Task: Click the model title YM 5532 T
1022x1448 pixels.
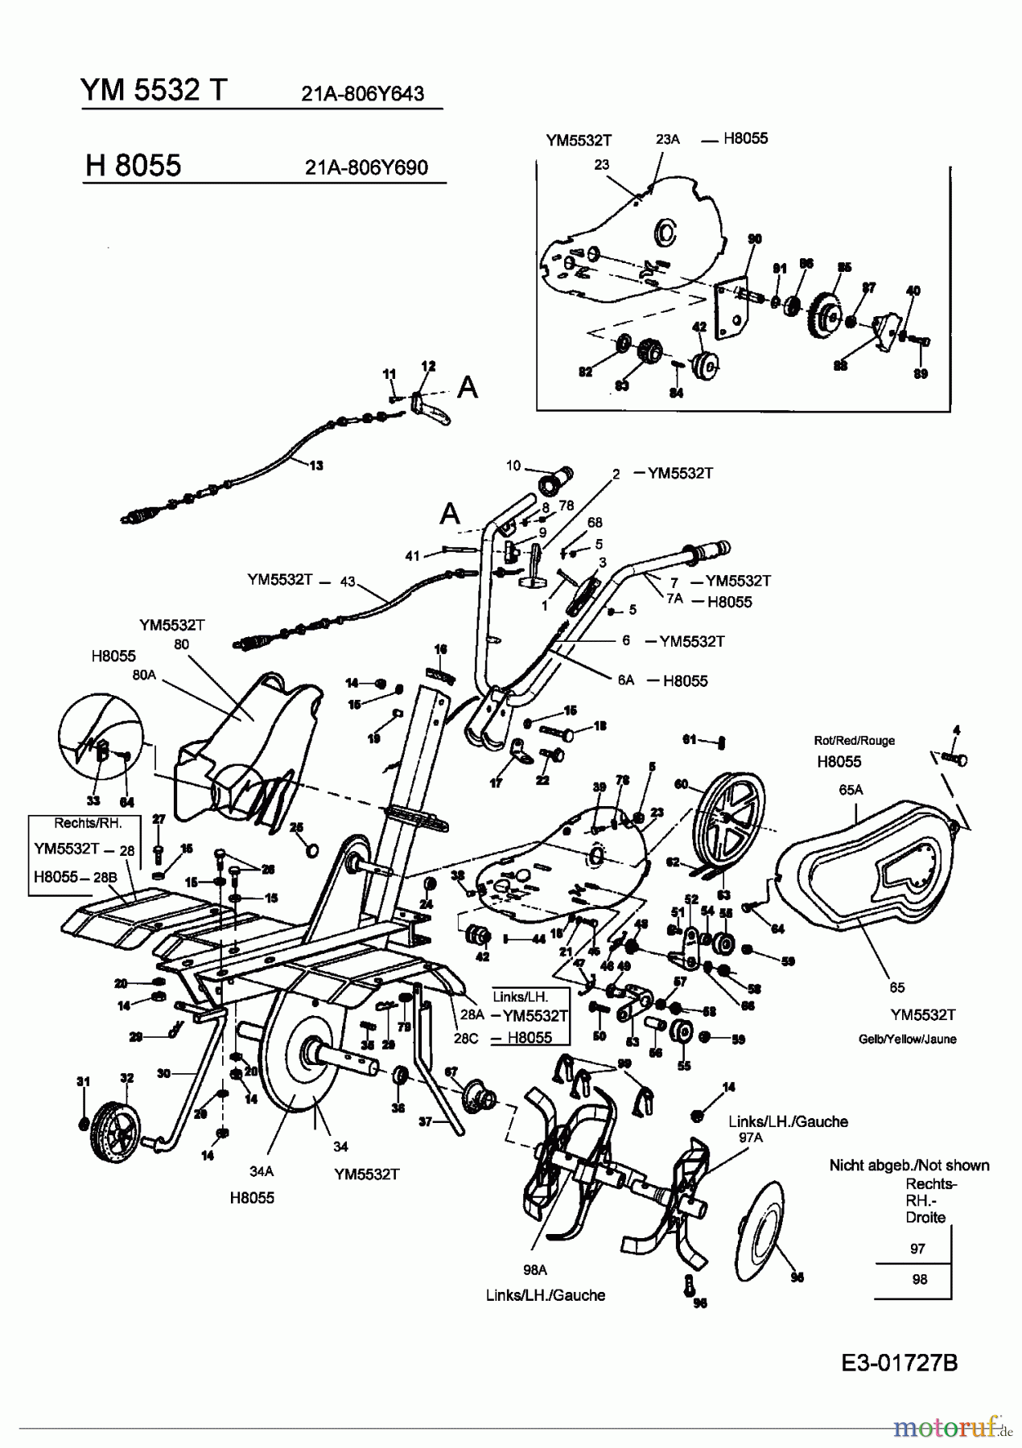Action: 154,90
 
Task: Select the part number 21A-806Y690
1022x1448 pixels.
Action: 366,167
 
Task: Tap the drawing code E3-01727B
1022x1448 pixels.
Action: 899,1363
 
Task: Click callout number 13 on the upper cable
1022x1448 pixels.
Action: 316,465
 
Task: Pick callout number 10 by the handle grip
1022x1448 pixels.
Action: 513,466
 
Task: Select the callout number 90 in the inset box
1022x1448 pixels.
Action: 754,239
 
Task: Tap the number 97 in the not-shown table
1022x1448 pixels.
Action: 918,1248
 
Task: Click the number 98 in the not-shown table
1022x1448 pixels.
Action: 919,1279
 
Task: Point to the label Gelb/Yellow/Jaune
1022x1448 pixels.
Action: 908,1039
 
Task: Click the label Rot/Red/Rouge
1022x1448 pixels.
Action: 854,740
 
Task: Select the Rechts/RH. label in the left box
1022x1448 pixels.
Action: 85,823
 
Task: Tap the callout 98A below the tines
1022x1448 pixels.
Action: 534,1269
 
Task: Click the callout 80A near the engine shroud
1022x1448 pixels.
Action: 144,677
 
